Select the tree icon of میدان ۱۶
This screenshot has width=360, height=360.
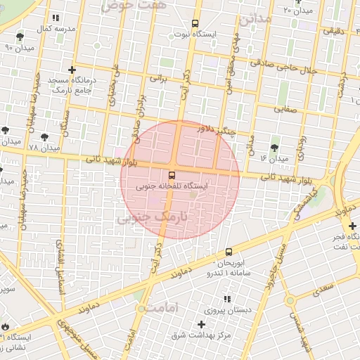point(274,148)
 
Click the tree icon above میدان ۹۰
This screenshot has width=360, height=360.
point(19,36)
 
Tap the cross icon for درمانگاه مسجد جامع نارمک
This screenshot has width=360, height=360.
point(72,70)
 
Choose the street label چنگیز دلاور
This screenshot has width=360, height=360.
point(214,129)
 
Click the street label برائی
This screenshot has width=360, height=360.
point(158,79)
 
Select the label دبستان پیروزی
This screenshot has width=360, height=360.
point(223,310)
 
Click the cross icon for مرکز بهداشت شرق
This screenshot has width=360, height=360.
point(202,324)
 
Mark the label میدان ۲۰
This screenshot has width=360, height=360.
point(298,11)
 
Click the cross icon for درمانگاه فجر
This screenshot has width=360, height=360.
point(352,226)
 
